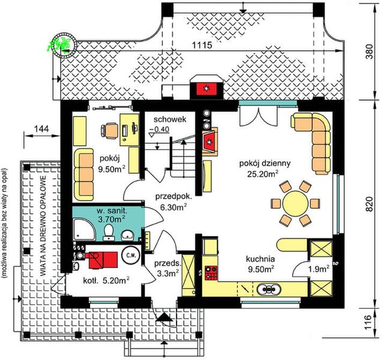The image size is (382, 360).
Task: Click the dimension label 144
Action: (x=41, y=128)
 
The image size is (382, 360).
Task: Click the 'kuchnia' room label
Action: (x=260, y=260)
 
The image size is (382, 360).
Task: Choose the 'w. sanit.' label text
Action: (x=104, y=212)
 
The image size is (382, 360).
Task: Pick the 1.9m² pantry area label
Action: (x=318, y=268)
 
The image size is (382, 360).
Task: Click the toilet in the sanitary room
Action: (x=108, y=231)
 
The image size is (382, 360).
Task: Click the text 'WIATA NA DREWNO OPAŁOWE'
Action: (x=44, y=225)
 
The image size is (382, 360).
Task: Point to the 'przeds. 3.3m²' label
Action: (x=167, y=268)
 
